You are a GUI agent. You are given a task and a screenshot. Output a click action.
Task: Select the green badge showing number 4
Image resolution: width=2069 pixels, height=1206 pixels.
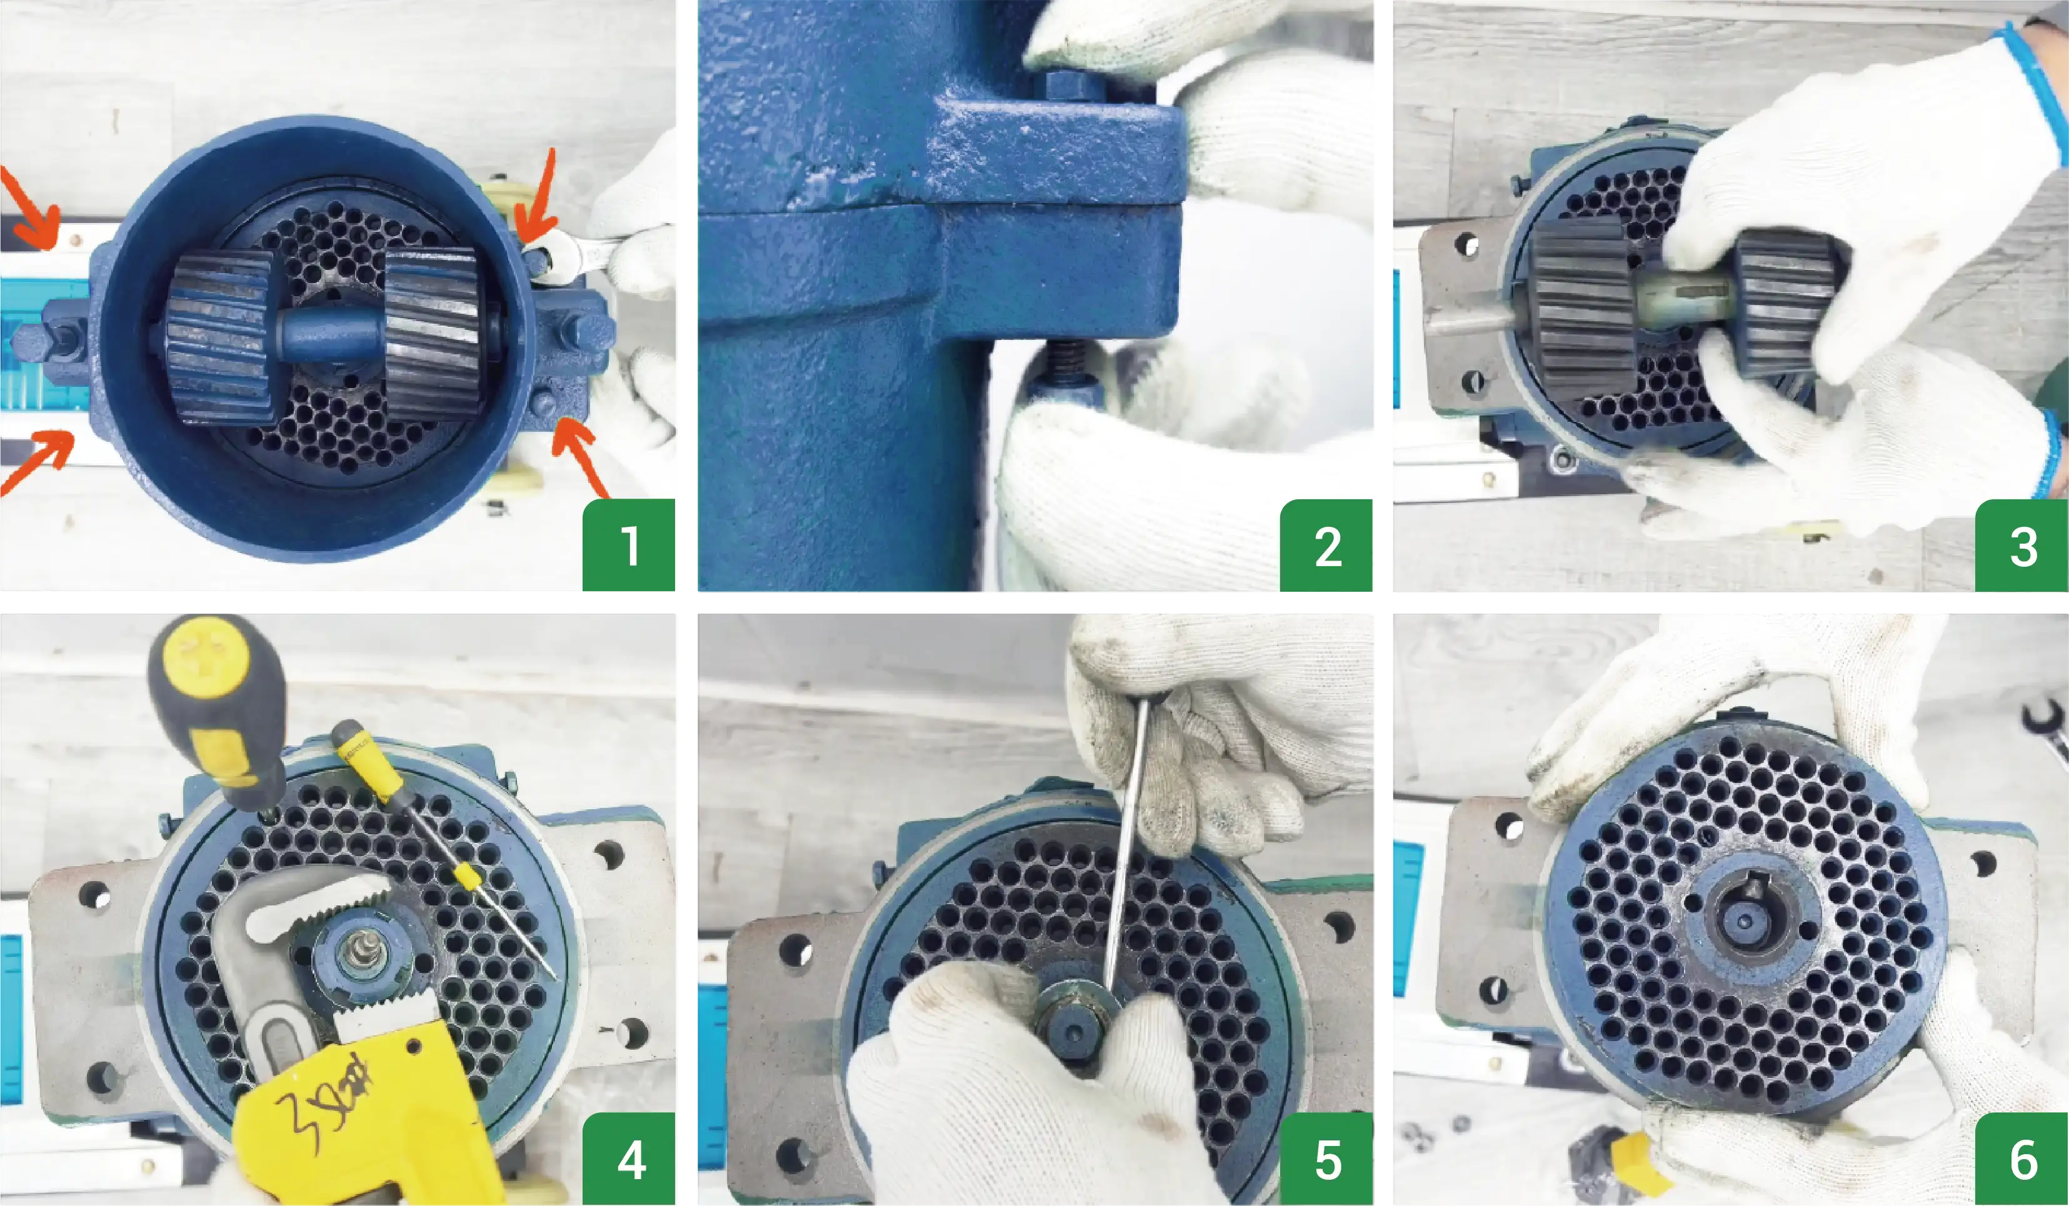[x=628, y=1159]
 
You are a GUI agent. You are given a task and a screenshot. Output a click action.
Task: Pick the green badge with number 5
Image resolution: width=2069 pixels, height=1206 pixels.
[x=1326, y=1159]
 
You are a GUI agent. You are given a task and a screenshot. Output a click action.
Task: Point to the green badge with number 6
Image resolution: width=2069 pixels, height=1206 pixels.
[x=2021, y=1159]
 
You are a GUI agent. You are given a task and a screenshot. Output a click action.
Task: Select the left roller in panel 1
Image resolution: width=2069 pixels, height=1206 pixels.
[x=220, y=337]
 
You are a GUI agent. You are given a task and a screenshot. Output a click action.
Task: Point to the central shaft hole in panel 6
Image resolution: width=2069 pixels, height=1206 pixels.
[x=1746, y=921]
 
